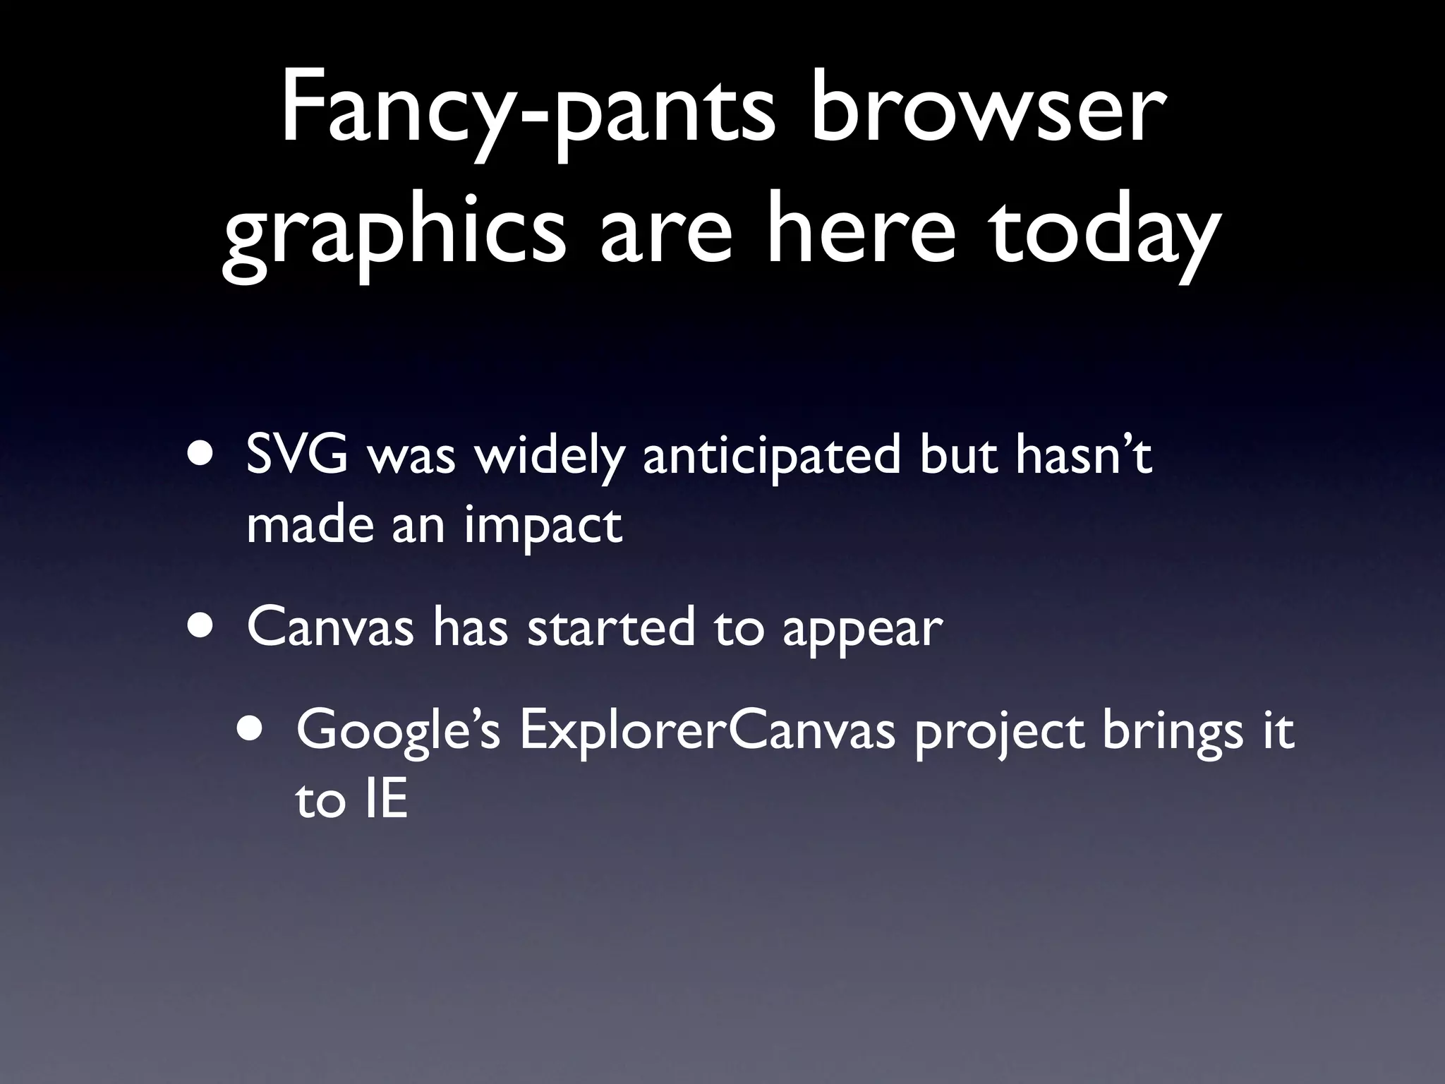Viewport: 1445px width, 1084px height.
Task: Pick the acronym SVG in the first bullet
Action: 297,456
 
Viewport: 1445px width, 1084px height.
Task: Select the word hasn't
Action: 1084,455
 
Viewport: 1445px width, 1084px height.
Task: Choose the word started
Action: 611,627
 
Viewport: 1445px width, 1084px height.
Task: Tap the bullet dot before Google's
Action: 253,729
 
